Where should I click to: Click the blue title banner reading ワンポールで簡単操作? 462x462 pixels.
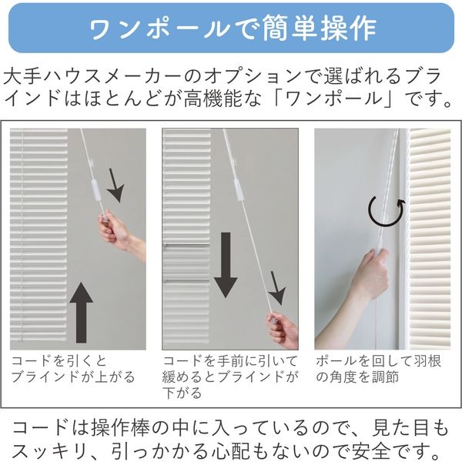pos(231,28)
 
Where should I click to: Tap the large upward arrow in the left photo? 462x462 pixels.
pos(82,313)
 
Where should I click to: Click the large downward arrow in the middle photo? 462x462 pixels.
pos(226,265)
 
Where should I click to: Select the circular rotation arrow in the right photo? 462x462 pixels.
pos(386,213)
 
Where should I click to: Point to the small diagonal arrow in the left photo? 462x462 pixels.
pos(115,186)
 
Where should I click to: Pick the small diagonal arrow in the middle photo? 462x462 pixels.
pos(277,289)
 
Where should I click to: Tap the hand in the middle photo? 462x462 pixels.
pos(283,331)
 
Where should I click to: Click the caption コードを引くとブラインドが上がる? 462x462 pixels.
pos(73,369)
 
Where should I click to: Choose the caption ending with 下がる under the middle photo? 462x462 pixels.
pos(229,377)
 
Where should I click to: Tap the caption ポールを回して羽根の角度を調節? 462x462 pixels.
pos(378,369)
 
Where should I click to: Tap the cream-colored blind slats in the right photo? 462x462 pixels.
pos(430,239)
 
